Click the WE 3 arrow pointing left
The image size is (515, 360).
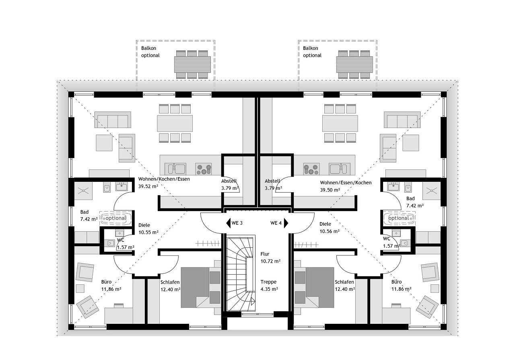(x=228, y=223)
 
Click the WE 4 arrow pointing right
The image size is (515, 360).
(x=286, y=223)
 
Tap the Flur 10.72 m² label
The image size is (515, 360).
(x=270, y=258)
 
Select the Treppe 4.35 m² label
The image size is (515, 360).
(x=269, y=286)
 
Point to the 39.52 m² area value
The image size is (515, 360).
(x=148, y=187)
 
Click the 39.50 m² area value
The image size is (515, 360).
(x=330, y=190)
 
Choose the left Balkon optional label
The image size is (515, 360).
(x=150, y=52)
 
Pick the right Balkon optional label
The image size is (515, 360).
(x=312, y=52)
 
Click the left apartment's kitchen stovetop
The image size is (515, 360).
(x=203, y=169)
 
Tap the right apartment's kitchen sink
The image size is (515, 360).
(x=339, y=169)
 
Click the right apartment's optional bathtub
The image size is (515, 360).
(x=400, y=218)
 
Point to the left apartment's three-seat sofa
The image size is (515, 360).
(x=113, y=120)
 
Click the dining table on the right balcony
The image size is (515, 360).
(x=354, y=64)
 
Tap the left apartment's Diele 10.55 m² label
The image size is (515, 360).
(x=148, y=229)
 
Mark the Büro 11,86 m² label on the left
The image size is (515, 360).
(x=111, y=286)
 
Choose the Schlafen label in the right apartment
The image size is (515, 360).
(x=344, y=282)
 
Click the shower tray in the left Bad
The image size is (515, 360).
(x=83, y=191)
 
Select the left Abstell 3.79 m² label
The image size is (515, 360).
(x=229, y=185)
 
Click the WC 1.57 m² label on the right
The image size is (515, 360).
(x=391, y=243)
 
